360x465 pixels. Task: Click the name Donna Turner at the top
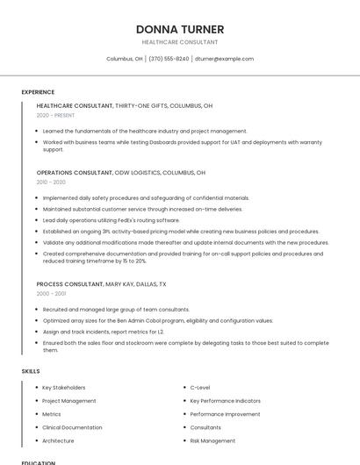(180, 30)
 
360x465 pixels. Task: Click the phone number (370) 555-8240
(169, 59)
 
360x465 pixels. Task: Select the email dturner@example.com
(224, 59)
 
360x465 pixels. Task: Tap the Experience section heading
(38, 92)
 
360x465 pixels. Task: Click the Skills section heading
(31, 371)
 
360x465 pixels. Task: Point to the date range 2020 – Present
(55, 115)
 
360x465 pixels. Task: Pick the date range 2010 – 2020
(51, 182)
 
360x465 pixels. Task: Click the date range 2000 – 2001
(51, 294)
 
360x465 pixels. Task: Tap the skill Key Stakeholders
(64, 387)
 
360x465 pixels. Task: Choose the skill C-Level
(200, 387)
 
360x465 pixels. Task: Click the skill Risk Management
(212, 440)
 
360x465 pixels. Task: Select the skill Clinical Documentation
(71, 427)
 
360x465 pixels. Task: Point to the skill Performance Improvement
(225, 414)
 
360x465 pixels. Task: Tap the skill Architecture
(58, 440)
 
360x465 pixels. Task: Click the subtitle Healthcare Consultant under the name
(180, 42)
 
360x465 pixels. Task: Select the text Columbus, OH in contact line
(125, 59)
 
